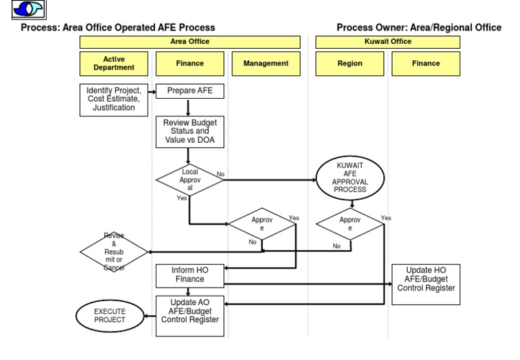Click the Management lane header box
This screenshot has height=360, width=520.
pyautogui.click(x=265, y=64)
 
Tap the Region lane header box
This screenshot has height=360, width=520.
pyautogui.click(x=349, y=64)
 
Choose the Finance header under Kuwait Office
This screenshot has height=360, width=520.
pyautogui.click(x=425, y=64)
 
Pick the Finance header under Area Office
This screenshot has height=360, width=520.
pyautogui.click(x=190, y=64)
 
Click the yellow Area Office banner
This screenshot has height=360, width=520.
pyautogui.click(x=190, y=42)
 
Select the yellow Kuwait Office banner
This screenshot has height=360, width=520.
pyautogui.click(x=387, y=42)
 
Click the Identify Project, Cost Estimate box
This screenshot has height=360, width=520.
pyautogui.click(x=114, y=99)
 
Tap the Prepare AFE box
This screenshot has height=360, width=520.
pyautogui.click(x=190, y=91)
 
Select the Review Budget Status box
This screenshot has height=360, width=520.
pyautogui.click(x=190, y=131)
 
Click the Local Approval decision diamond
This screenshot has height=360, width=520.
pyautogui.click(x=190, y=180)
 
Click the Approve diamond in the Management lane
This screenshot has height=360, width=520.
pyautogui.click(x=262, y=224)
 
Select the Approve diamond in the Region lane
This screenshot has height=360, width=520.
pyautogui.click(x=350, y=224)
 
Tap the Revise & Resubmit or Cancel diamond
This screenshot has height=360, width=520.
pyautogui.click(x=114, y=252)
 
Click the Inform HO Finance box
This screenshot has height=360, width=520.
pyautogui.click(x=190, y=275)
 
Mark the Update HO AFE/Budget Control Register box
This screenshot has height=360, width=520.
pyautogui.click(x=426, y=284)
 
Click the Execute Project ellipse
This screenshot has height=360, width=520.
pyautogui.click(x=110, y=315)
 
